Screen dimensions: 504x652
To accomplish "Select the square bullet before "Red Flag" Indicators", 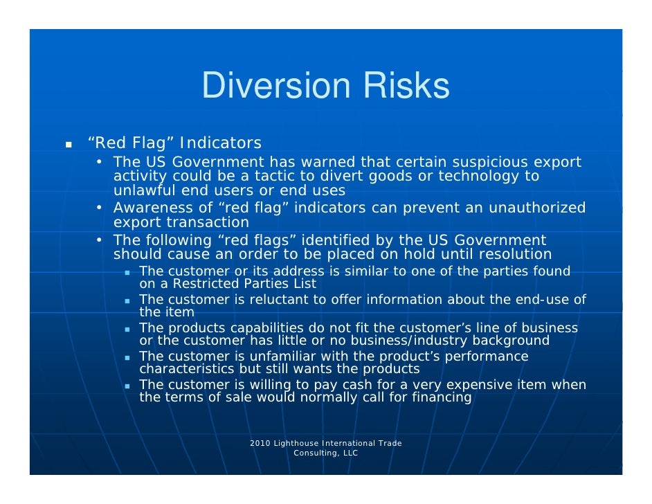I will (69, 145).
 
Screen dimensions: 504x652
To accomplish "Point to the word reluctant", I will (273, 299).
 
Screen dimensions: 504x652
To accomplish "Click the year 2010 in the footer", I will (260, 443).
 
